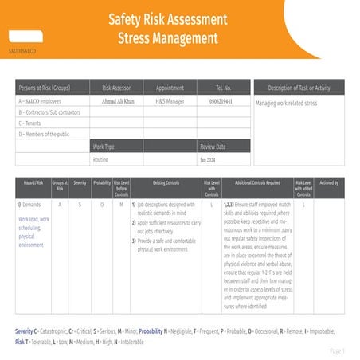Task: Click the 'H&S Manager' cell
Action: [x=170, y=101]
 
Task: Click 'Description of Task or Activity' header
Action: [x=299, y=88]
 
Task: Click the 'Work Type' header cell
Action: [x=104, y=147]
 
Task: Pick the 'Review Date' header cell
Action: [x=213, y=147]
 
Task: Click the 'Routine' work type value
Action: [x=100, y=159]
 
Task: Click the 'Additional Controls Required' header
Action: [x=257, y=183]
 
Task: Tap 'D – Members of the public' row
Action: [x=45, y=134]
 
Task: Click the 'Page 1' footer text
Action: [x=337, y=350]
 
